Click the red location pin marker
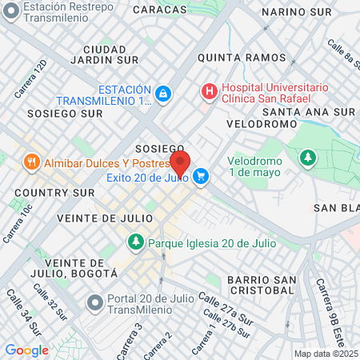[180, 163]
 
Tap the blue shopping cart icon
[201, 178]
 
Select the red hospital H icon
[210, 92]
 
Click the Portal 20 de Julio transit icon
[94, 303]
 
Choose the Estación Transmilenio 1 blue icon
[162, 94]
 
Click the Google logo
[26, 350]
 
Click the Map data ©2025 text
[326, 354]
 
